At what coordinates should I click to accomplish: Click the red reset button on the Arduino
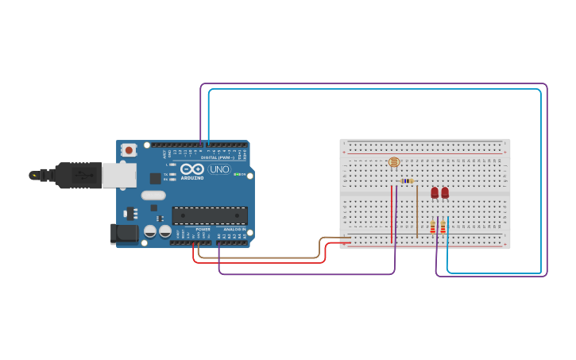click(129, 149)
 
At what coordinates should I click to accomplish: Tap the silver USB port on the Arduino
click(118, 175)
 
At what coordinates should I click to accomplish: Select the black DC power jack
click(125, 233)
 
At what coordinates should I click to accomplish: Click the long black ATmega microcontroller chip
click(210, 215)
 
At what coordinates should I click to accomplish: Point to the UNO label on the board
click(219, 169)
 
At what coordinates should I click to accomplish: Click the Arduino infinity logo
click(192, 169)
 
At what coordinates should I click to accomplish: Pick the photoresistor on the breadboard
click(394, 162)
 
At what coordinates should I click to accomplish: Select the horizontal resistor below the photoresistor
click(407, 181)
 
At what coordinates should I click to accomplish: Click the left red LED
click(435, 192)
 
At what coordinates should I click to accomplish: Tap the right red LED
click(445, 192)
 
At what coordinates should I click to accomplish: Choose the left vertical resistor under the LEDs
click(432, 227)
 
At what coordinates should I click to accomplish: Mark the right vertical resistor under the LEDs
click(443, 227)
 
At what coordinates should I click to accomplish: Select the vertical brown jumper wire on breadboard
click(417, 211)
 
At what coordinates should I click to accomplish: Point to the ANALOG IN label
click(234, 229)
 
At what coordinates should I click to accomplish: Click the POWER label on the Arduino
click(203, 229)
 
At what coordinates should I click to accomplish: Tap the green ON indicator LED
click(236, 174)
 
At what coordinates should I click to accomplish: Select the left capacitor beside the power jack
click(149, 231)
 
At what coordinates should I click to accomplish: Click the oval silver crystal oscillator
click(153, 195)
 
